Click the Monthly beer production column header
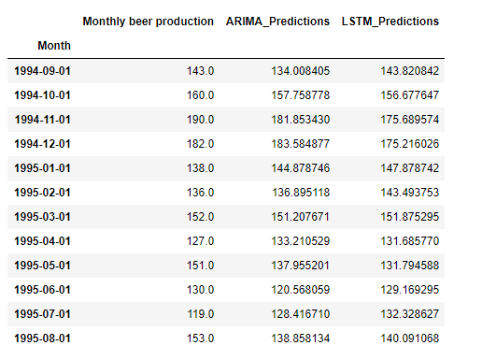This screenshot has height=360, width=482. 149,21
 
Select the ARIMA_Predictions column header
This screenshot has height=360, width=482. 276,21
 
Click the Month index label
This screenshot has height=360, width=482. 54,45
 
